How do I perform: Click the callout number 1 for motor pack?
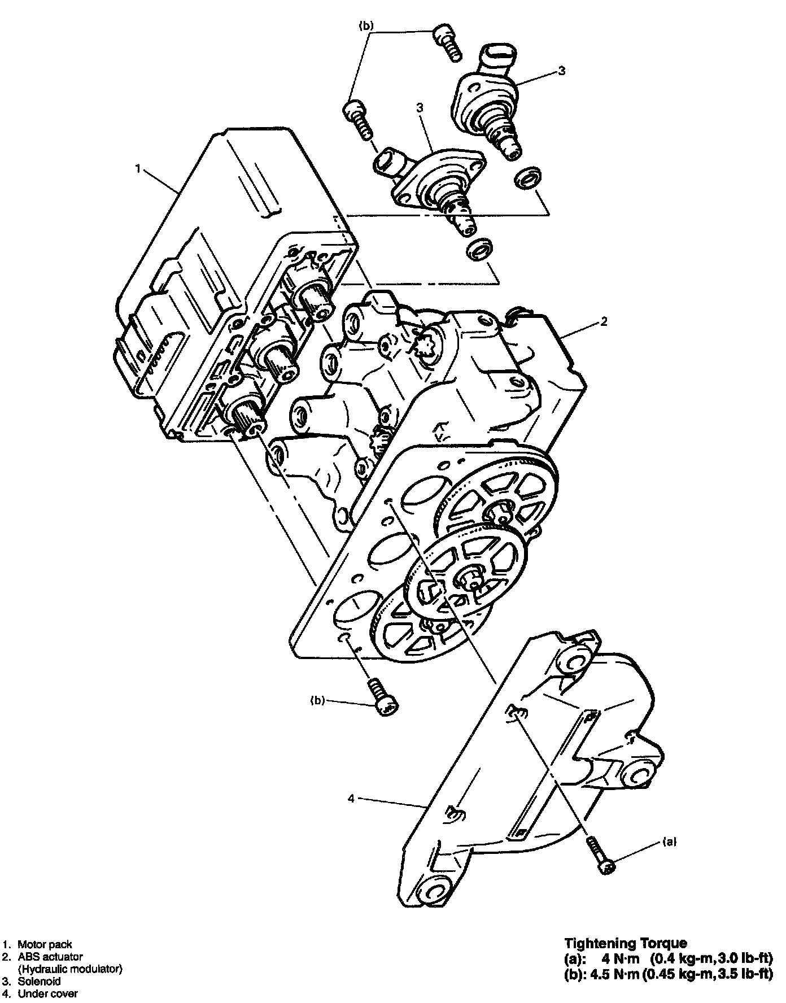click(138, 168)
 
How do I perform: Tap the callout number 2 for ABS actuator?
click(604, 321)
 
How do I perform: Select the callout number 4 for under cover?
click(351, 799)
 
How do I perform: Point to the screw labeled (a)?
click(600, 856)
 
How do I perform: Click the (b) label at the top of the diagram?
click(366, 26)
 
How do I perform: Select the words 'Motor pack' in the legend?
click(45, 944)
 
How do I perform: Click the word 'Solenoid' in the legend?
click(39, 981)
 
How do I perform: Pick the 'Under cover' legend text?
click(48, 993)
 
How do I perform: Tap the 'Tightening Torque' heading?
click(626, 943)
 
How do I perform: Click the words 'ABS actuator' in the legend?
click(50, 957)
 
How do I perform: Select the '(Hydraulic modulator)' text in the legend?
click(70, 969)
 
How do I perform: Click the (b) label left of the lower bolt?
click(318, 700)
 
